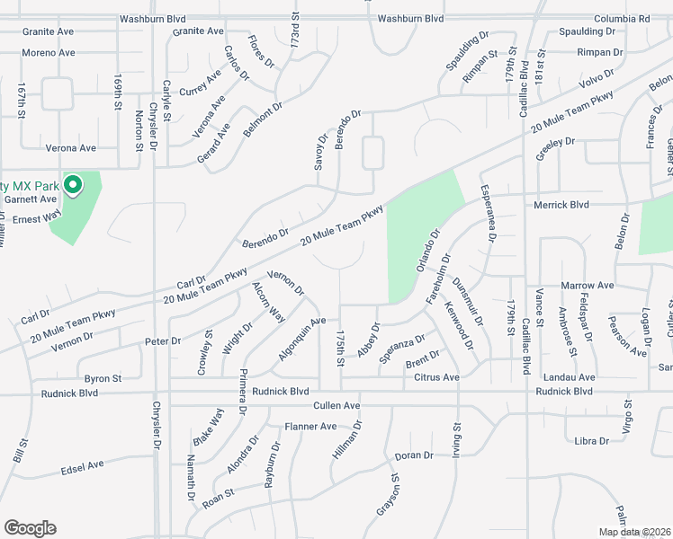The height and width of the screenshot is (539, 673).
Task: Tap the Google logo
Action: [x=30, y=528]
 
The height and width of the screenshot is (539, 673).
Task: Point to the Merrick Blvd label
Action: [x=561, y=205]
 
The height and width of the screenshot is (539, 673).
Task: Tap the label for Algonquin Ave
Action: [x=301, y=339]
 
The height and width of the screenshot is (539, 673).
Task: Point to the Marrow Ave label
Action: [x=587, y=285]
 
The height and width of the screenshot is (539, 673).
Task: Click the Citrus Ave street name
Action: [x=436, y=377]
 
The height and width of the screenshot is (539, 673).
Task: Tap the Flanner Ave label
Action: [x=310, y=426]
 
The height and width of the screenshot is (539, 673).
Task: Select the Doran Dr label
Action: [x=415, y=455]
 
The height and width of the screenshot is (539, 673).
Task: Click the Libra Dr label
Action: [x=591, y=440]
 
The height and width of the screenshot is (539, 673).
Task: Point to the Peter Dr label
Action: [x=163, y=341]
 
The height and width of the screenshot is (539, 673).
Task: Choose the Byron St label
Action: [x=103, y=378]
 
